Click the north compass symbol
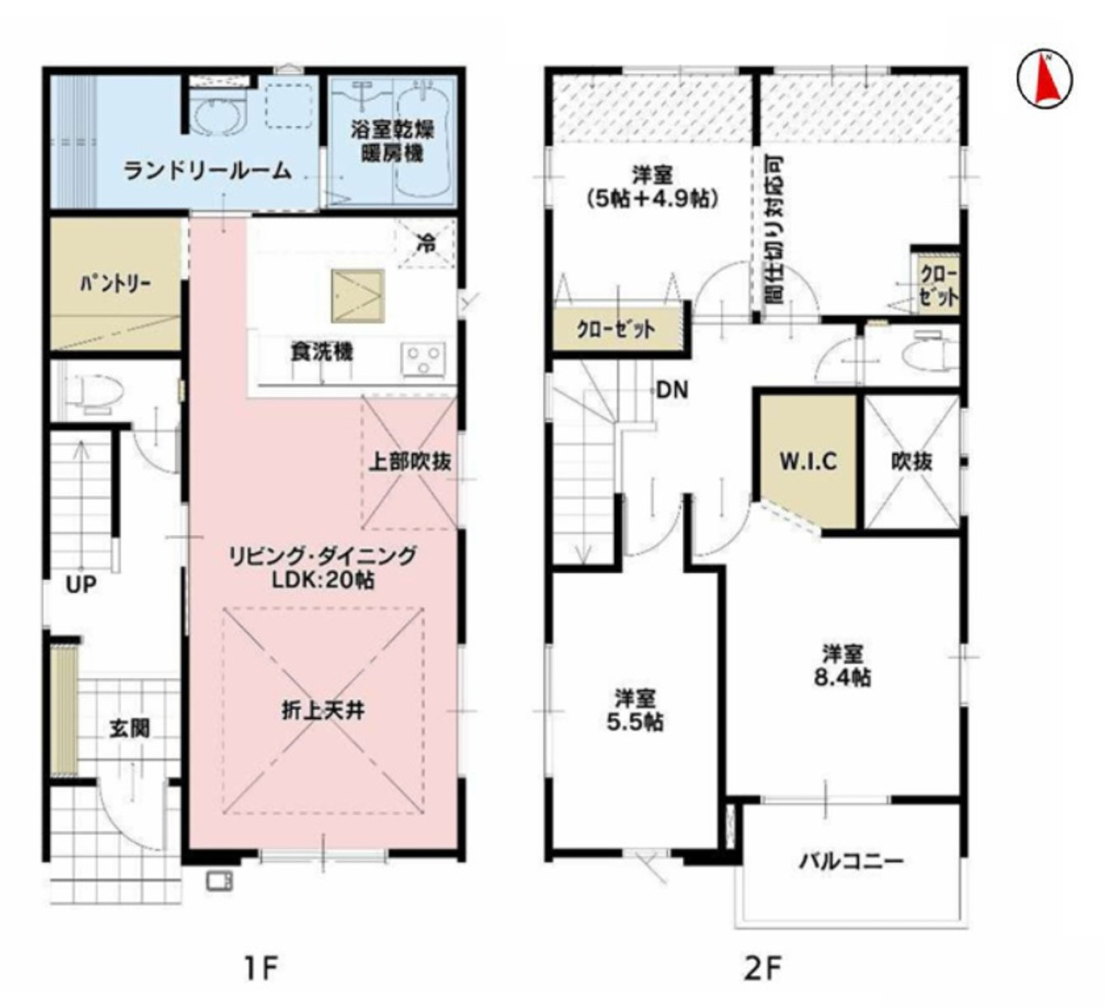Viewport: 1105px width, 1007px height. click(1044, 79)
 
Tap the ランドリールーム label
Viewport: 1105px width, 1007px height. click(207, 171)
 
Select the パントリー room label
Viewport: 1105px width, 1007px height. click(116, 284)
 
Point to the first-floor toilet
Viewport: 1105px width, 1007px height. click(92, 393)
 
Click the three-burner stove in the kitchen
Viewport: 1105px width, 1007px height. click(423, 359)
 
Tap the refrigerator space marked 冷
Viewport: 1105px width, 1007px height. click(426, 242)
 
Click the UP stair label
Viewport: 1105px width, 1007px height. click(81, 584)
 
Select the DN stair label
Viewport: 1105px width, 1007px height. click(672, 390)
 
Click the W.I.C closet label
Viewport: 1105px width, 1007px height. click(808, 462)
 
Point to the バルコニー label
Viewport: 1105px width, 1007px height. click(851, 860)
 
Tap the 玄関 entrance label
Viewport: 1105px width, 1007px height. click(129, 729)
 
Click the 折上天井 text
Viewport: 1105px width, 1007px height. click(323, 711)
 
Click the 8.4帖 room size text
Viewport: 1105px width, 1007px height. click(843, 677)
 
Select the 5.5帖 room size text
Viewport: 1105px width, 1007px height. click(635, 721)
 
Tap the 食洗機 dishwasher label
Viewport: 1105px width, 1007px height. click(322, 352)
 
